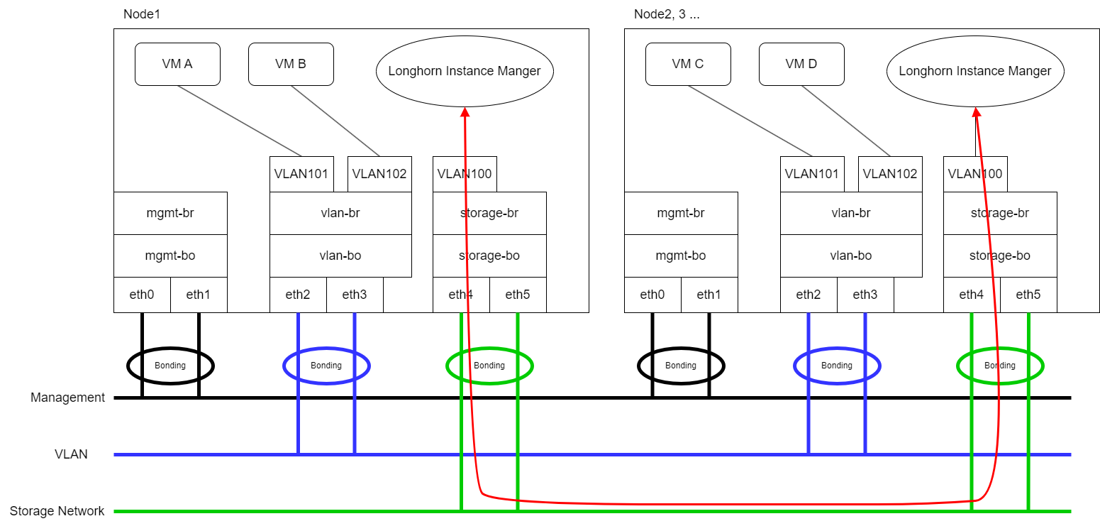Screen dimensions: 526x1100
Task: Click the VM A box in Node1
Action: click(177, 64)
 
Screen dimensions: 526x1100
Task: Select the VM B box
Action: click(291, 64)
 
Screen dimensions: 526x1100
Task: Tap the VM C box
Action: click(688, 64)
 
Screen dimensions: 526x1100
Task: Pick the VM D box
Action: click(801, 64)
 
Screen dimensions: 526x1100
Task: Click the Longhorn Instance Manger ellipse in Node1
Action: click(465, 71)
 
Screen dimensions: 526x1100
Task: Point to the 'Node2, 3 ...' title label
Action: click(666, 14)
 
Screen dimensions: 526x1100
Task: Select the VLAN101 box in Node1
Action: click(301, 174)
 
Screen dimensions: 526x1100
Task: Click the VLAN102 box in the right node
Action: click(890, 174)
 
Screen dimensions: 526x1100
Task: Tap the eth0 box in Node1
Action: click(142, 295)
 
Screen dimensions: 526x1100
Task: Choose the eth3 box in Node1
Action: click(355, 295)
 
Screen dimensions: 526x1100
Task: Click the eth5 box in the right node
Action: click(1028, 295)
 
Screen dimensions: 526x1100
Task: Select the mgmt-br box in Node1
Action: click(170, 213)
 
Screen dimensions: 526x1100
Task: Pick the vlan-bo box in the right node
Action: click(851, 256)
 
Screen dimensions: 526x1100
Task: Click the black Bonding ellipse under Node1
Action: click(170, 366)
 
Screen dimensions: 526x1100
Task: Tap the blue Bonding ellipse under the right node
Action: click(837, 366)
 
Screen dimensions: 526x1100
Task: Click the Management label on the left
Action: click(67, 398)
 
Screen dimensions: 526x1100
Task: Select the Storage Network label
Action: click(57, 511)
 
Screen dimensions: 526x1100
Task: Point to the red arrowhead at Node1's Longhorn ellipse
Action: click(465, 112)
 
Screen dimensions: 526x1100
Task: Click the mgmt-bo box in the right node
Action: click(681, 256)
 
